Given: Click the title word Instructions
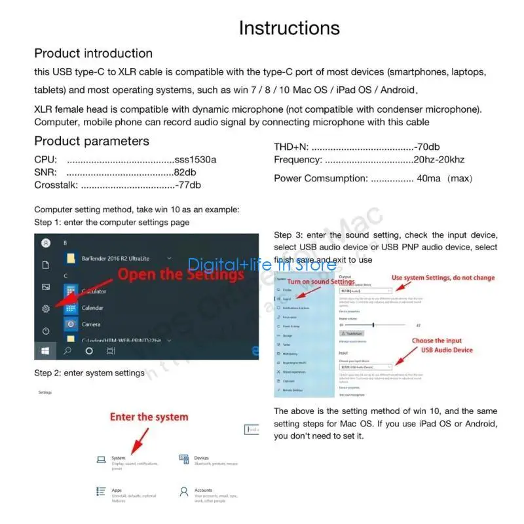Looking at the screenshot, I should [289, 28].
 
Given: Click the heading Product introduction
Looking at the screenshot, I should [93, 54].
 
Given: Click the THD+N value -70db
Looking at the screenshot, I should [427, 147].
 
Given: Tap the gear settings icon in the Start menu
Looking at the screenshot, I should [46, 309].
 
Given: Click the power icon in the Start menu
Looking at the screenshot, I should [46, 330].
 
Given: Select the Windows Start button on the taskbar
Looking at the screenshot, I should [45, 351].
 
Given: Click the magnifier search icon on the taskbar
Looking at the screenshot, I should [67, 351].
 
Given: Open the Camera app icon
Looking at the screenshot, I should [71, 324].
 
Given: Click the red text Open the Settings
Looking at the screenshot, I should [180, 274].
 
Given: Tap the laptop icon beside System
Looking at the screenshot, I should [101, 460].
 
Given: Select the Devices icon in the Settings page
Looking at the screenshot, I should [184, 460].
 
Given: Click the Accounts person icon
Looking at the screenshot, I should [184, 491].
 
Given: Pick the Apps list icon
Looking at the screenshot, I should [101, 491].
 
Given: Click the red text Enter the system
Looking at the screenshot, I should [149, 417].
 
